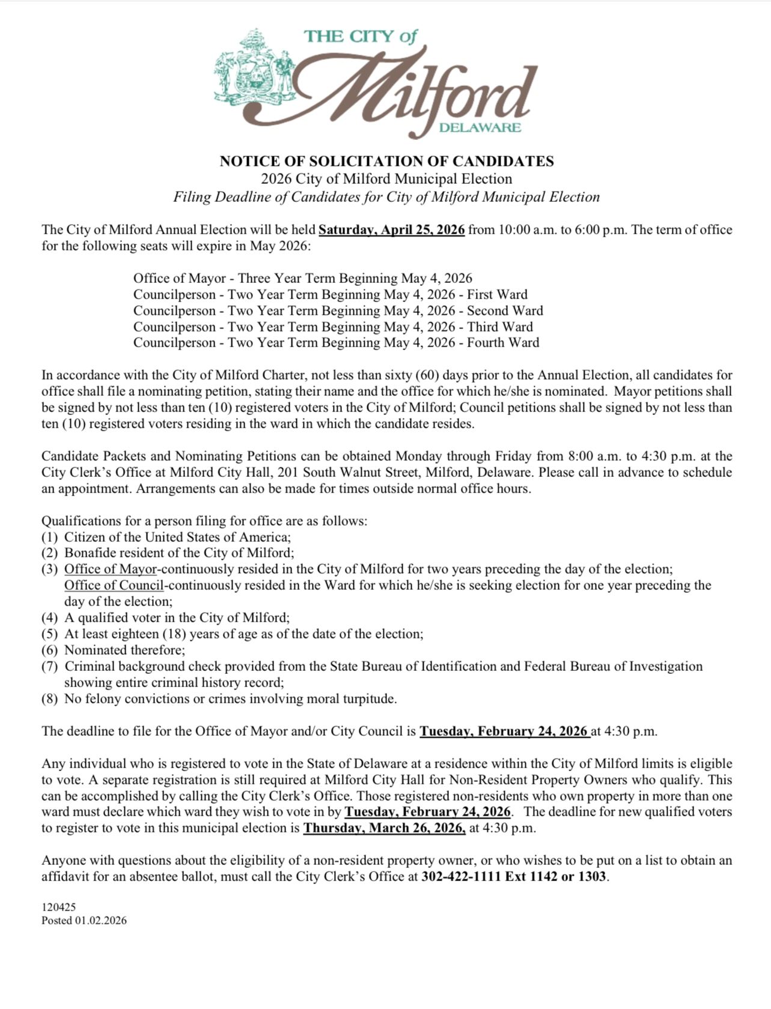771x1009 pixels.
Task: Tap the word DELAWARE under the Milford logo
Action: point(480,127)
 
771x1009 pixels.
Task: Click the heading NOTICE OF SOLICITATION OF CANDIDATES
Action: point(386,161)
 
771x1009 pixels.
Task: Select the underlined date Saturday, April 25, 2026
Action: point(391,229)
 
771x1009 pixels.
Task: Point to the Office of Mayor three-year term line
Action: point(302,278)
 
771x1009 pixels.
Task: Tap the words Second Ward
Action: point(505,311)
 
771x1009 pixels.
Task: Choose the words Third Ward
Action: point(499,327)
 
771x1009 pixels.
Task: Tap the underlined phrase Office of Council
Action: point(114,585)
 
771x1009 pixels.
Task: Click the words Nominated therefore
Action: point(124,650)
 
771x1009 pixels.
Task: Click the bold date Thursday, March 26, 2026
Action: point(384,828)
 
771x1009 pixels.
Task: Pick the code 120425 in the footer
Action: point(58,907)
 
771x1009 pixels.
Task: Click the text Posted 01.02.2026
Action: point(84,920)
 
